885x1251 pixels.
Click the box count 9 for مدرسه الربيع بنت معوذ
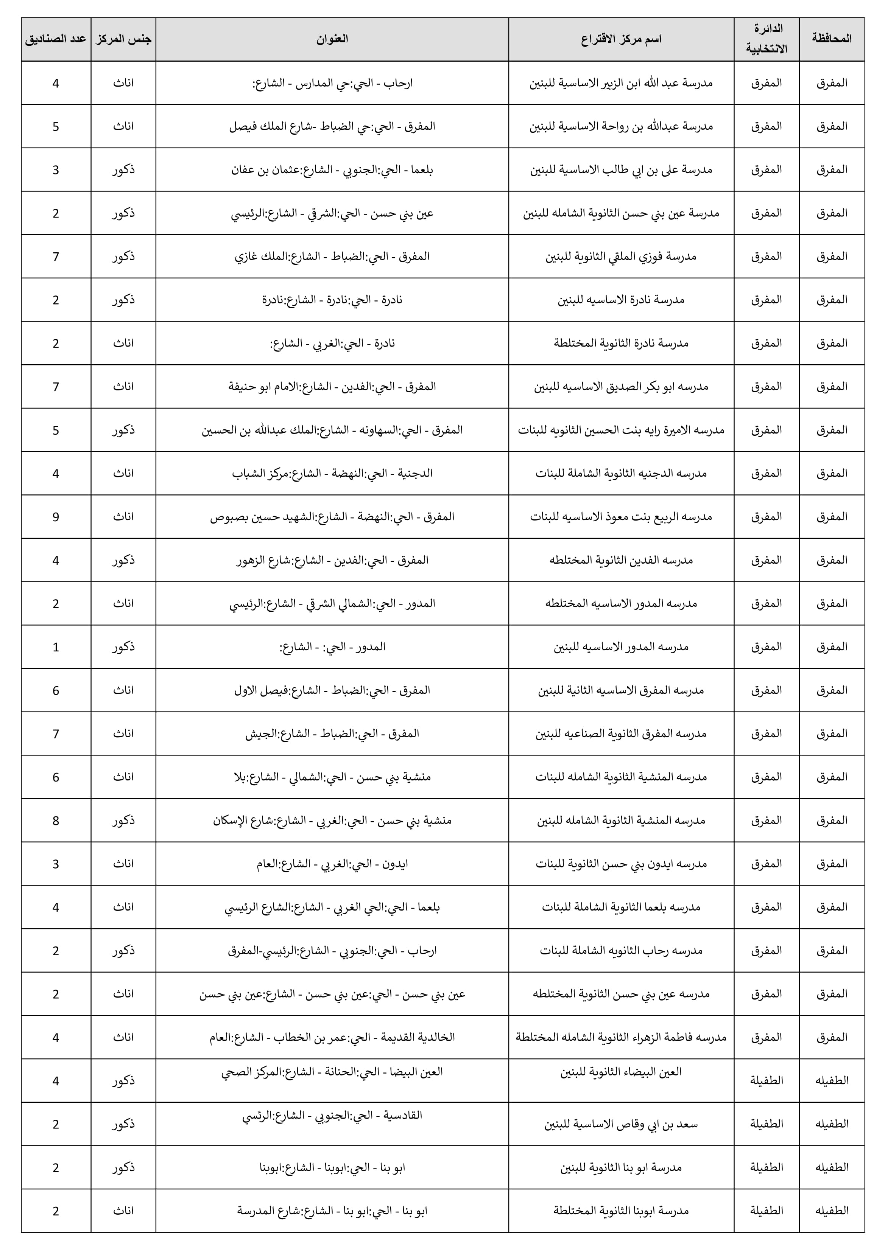click(56, 516)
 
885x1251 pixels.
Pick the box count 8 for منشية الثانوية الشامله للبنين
click(56, 821)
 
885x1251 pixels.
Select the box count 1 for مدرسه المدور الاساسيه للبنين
click(56, 647)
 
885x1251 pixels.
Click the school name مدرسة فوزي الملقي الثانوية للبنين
click(621, 256)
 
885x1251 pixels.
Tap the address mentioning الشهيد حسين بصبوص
click(332, 516)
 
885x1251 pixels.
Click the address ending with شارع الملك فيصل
click(332, 126)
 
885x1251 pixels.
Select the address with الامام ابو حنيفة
click(332, 387)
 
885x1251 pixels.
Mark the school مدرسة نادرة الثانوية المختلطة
click(621, 343)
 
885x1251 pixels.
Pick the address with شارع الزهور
click(332, 560)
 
